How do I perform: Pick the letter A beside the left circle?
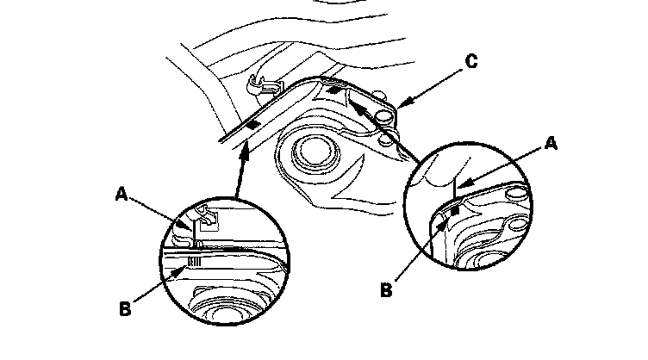[x=121, y=195]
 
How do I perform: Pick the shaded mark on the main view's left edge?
[x=251, y=125]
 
